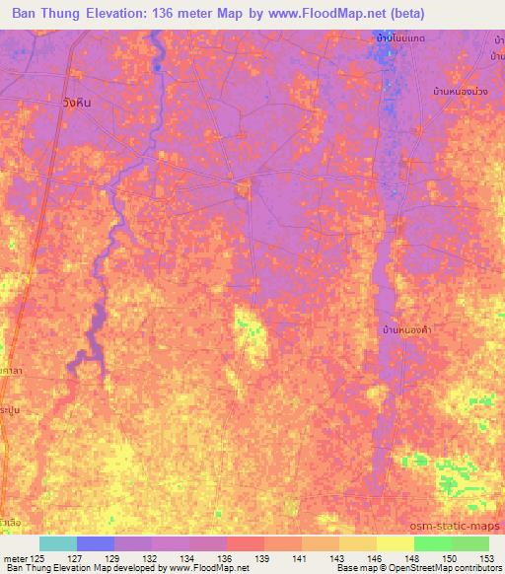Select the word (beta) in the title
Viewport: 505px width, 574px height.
point(474,13)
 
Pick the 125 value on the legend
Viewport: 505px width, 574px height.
point(37,558)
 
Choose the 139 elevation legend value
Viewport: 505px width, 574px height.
point(262,558)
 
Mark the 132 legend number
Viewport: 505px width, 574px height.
point(150,558)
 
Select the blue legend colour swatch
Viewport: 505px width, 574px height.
point(96,543)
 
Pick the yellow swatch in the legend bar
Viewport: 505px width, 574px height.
point(396,543)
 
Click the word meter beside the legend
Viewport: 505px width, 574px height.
point(14,558)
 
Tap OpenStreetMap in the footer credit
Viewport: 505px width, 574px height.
point(438,569)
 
